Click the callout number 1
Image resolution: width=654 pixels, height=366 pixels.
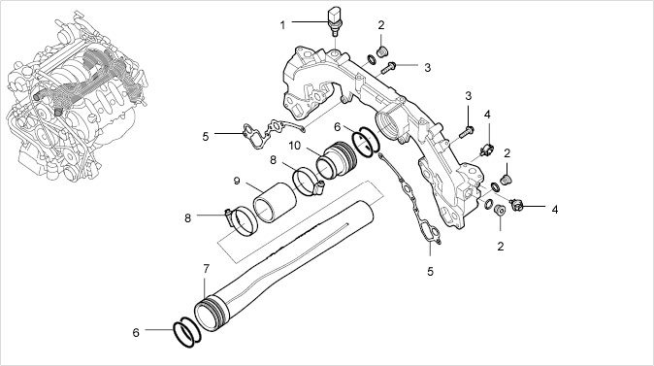click(x=282, y=25)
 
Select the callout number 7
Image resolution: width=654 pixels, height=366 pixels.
click(x=206, y=269)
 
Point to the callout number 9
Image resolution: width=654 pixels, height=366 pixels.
click(x=237, y=182)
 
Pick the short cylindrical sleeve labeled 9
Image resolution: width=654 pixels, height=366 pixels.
click(x=275, y=202)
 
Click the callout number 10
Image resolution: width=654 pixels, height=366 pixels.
click(x=294, y=146)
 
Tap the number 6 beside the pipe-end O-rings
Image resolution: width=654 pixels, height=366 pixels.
click(x=136, y=333)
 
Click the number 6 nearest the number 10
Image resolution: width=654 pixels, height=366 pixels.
click(x=337, y=126)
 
